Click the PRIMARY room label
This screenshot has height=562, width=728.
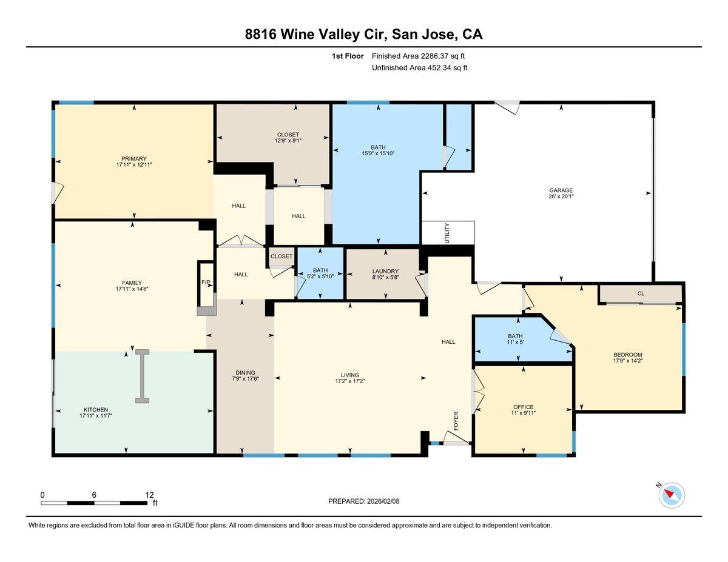coord(133,159)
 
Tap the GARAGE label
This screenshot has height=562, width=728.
coord(561,190)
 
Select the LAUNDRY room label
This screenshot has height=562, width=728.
coord(385,271)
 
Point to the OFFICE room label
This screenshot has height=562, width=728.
coord(523,407)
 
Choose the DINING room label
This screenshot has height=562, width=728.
coord(245,373)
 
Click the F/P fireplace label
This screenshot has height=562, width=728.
coord(206,282)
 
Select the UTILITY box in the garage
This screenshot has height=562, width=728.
coord(447,232)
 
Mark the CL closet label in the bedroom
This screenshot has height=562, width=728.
coord(641,293)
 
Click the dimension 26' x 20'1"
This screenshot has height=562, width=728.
coord(561,197)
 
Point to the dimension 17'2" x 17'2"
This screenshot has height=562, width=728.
coord(349,381)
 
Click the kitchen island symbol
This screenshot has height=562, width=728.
coord(143,376)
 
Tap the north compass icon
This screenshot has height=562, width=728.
coord(671,495)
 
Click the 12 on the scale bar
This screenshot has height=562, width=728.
coord(149,494)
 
